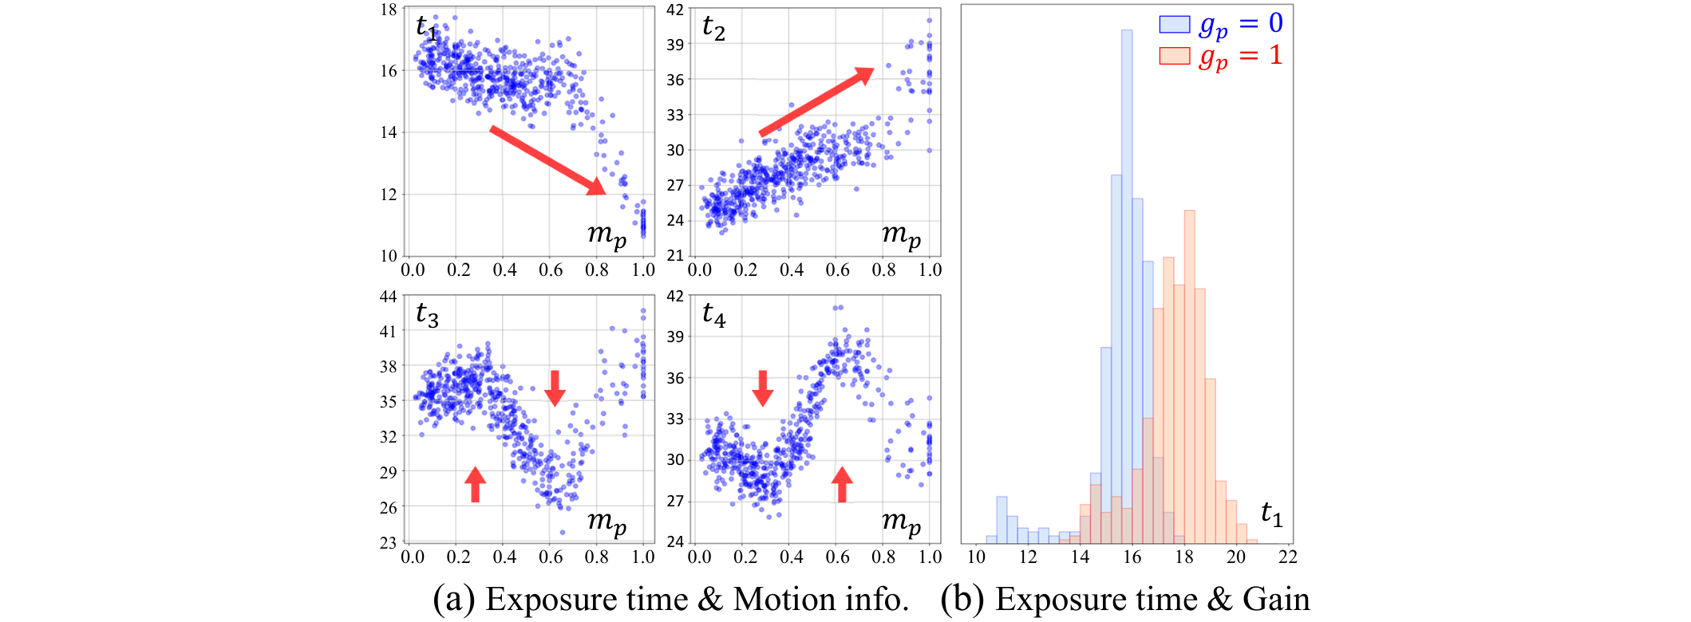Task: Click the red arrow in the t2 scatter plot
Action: tap(816, 102)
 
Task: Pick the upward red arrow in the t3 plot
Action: tap(475, 484)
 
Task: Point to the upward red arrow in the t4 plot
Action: tap(842, 484)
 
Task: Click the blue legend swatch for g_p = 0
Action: tap(1174, 24)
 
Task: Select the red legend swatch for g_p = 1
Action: tap(1174, 56)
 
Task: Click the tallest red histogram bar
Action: tap(1189, 375)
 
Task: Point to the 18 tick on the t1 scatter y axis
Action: tap(389, 10)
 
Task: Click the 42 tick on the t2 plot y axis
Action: tap(675, 10)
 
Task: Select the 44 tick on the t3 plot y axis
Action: tap(389, 297)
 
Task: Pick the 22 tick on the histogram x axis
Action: tap(1287, 557)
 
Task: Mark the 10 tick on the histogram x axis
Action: tap(976, 557)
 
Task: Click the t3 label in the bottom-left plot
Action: tap(427, 315)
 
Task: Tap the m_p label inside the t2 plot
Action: tap(901, 234)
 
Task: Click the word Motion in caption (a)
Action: tap(780, 600)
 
